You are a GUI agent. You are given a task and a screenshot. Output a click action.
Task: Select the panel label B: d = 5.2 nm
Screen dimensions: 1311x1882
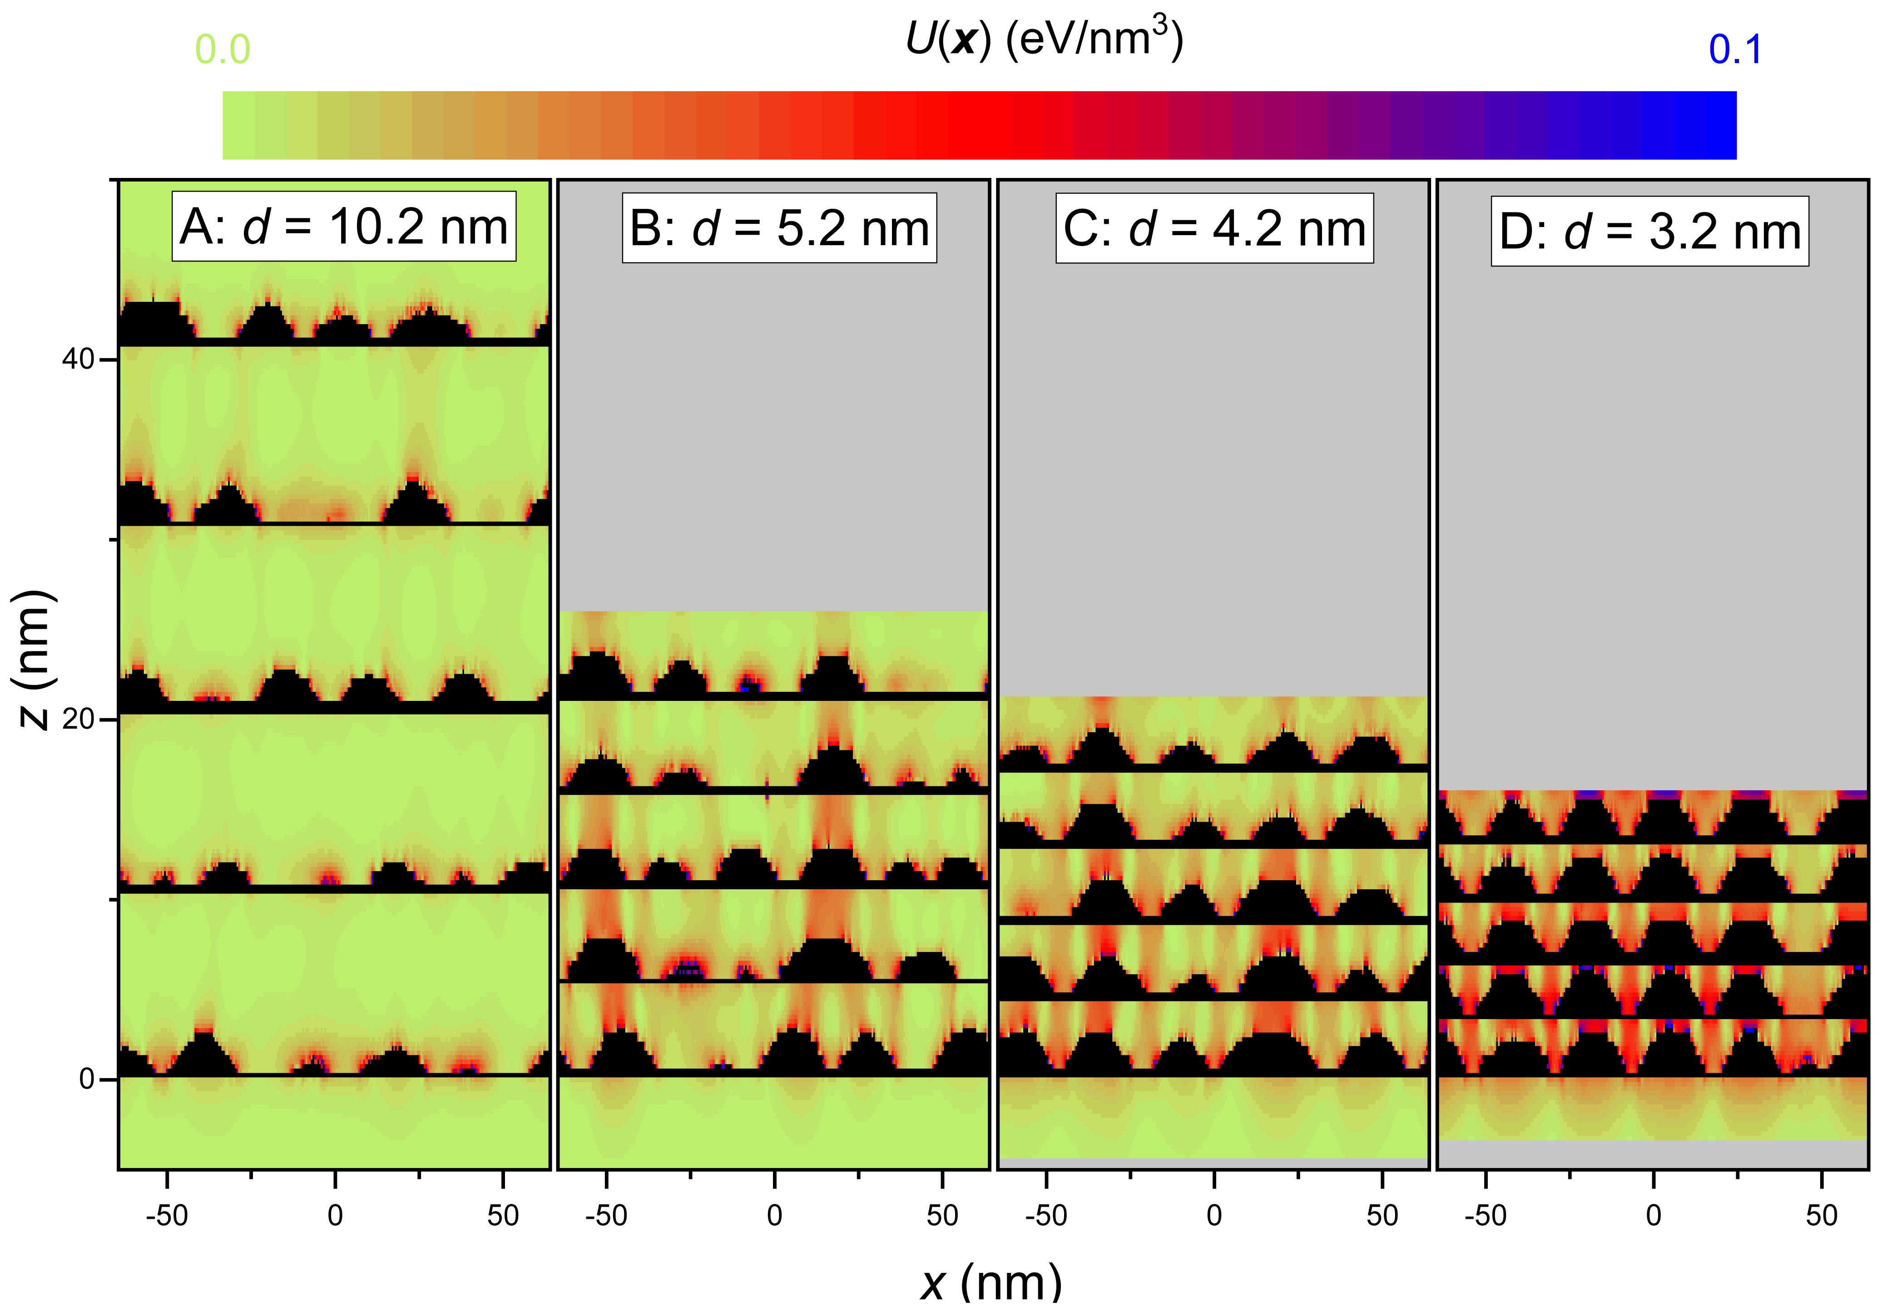[779, 228]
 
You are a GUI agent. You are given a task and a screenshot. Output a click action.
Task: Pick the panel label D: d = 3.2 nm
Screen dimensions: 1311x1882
[1649, 231]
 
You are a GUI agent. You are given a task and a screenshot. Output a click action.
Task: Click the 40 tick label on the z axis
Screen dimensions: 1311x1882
[78, 359]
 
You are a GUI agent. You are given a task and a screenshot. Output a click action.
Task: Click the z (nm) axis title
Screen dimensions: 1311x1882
[35, 658]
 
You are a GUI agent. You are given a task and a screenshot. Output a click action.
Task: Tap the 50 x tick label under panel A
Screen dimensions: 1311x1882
[502, 1215]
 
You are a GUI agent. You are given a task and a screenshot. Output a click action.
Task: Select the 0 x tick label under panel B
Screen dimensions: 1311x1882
[774, 1215]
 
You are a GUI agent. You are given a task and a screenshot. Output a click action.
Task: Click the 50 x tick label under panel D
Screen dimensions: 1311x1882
[1821, 1215]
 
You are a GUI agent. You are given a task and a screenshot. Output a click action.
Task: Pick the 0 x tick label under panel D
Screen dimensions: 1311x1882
[1653, 1215]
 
